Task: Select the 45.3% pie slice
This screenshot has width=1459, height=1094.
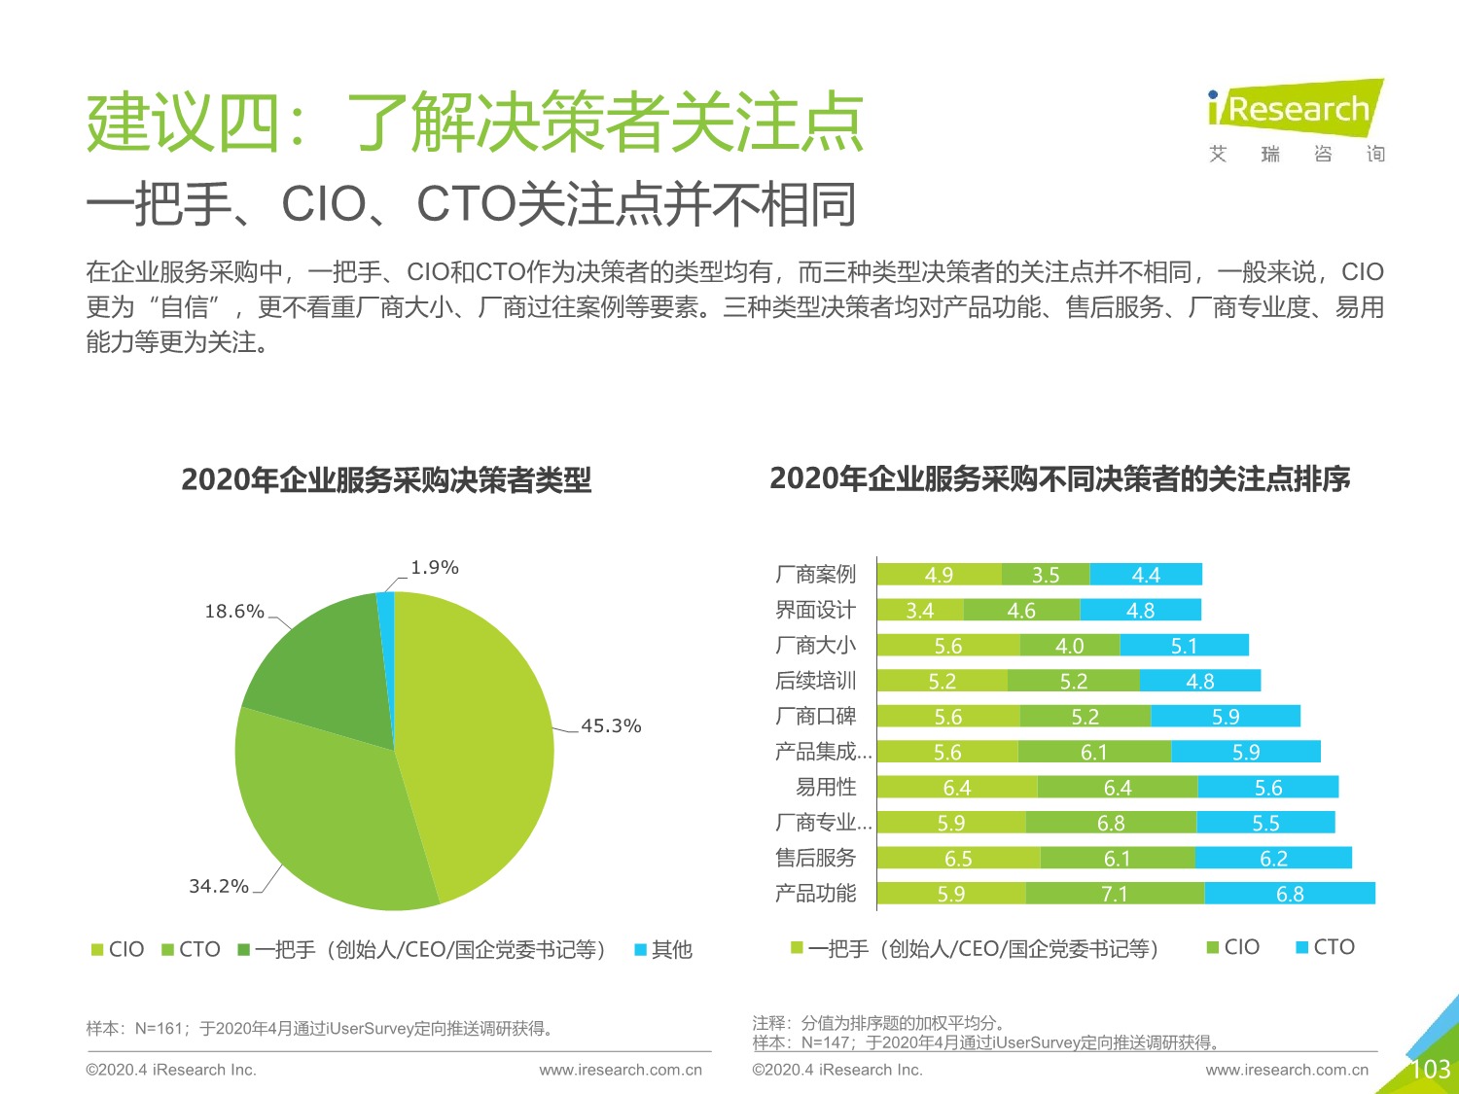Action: point(477,739)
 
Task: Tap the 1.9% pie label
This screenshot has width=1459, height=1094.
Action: point(434,568)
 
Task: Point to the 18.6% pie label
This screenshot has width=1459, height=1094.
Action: point(233,612)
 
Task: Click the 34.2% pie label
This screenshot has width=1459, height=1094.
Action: point(218,886)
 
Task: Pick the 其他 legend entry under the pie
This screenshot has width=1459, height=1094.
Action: point(663,950)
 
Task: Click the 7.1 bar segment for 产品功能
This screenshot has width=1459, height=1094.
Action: point(1115,894)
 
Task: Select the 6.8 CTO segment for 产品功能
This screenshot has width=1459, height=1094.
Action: point(1290,894)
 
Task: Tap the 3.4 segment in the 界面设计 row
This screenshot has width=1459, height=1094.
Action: point(919,611)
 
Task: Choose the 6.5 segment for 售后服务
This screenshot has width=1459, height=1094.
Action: point(958,859)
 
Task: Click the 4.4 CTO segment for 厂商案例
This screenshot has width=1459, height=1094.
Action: point(1146,575)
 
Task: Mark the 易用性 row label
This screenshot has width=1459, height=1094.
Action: point(826,787)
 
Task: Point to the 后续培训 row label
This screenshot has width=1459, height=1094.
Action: point(815,681)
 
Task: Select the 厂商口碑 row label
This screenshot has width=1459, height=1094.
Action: point(815,717)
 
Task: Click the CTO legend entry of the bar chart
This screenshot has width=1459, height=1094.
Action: point(1325,948)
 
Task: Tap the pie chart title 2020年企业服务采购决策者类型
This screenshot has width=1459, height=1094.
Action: point(386,480)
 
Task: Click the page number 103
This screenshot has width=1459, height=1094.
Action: point(1430,1070)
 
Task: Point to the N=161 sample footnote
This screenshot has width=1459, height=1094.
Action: point(320,1029)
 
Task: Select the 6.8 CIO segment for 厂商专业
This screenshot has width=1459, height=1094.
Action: point(1111,824)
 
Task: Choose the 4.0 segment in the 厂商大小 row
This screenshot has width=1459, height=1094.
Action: point(1069,646)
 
